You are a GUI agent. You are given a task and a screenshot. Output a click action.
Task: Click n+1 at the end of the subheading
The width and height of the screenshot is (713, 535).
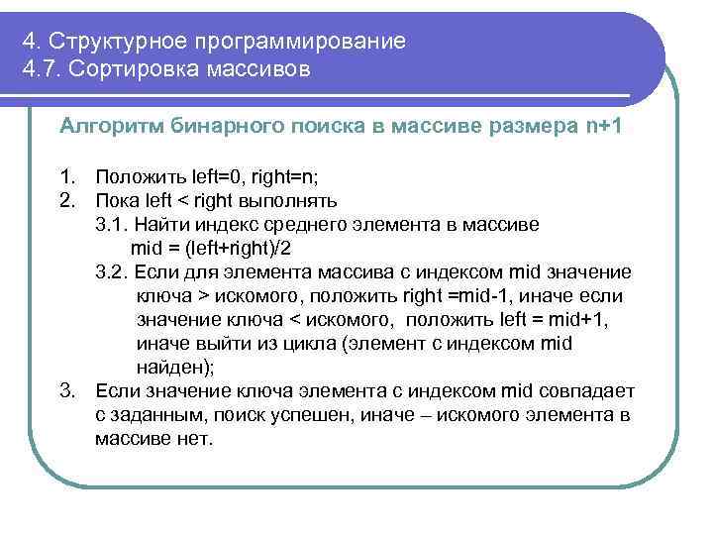(x=596, y=126)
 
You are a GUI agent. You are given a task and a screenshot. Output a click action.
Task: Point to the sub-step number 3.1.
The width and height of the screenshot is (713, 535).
(x=112, y=225)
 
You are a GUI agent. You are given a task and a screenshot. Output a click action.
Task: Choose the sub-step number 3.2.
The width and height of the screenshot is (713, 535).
(x=112, y=272)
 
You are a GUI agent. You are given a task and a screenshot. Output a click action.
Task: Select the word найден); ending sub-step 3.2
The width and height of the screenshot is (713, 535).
(x=174, y=368)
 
